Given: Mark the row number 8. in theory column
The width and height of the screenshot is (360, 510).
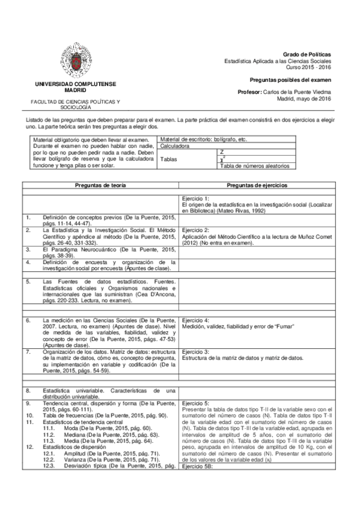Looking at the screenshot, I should pyautogui.click(x=28, y=390).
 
